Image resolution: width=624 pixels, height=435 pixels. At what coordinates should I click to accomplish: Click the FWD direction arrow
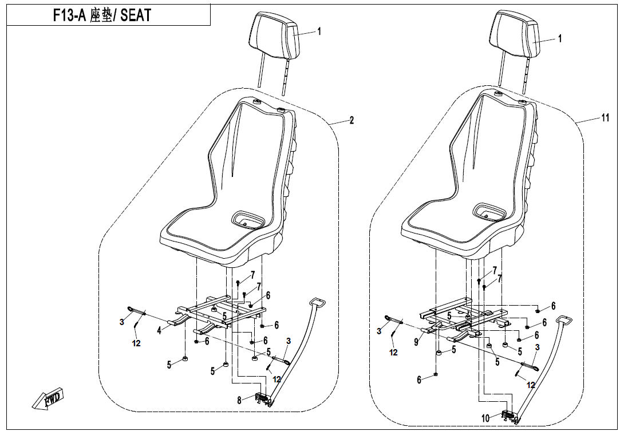coord(48,398)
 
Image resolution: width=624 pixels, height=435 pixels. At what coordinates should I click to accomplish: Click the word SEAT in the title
coord(136,15)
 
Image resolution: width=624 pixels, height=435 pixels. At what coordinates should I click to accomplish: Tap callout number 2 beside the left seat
coord(352,120)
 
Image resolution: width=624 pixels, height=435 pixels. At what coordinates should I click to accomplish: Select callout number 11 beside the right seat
coord(605,118)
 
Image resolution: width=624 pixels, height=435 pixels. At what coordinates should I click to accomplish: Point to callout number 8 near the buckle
coord(239,401)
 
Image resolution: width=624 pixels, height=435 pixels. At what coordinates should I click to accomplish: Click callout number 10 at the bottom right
coord(485,418)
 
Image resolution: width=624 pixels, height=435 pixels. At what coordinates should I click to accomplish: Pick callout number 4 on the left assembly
coord(159,330)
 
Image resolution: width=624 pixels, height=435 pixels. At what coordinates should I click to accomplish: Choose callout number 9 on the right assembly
coord(416,342)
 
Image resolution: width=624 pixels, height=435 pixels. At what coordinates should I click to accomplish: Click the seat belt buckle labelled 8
coord(263,398)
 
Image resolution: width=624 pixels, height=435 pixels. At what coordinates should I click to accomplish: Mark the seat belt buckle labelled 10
coord(511,416)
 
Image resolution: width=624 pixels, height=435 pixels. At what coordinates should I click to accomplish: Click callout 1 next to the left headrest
coord(319,31)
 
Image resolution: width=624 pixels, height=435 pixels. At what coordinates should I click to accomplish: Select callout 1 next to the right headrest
coord(560,38)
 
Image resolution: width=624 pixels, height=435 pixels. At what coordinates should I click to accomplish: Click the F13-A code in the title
coord(70,15)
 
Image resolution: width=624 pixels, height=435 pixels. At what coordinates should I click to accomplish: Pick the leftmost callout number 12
coord(136,343)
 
